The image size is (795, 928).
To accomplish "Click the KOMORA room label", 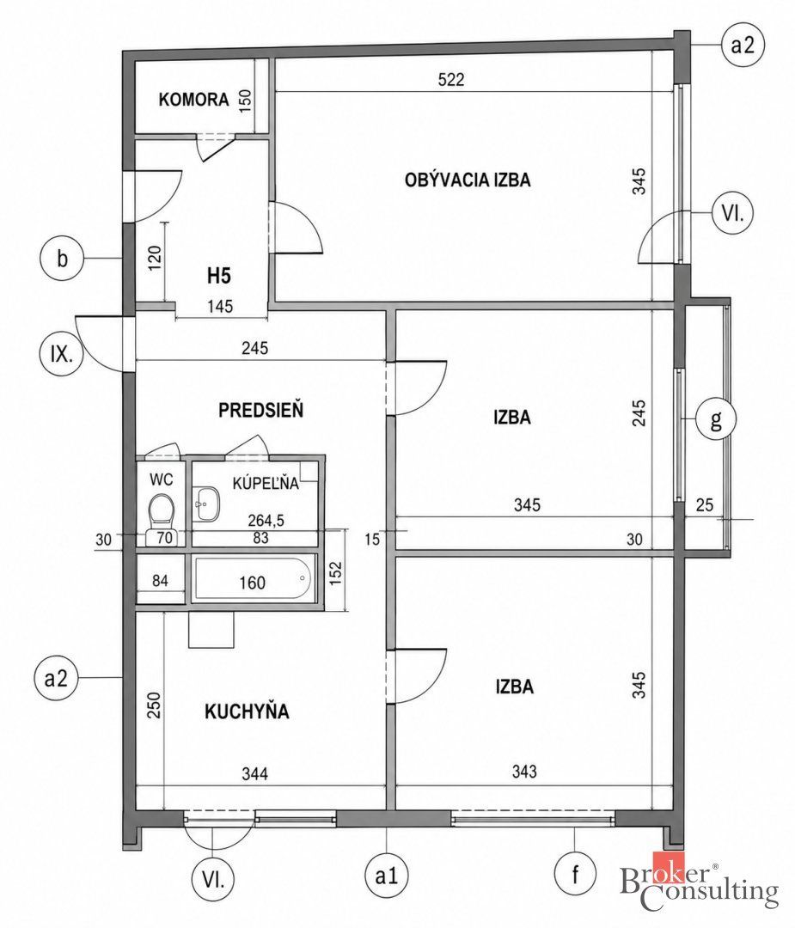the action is [x=193, y=100].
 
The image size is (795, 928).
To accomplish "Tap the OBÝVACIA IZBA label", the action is [x=468, y=180].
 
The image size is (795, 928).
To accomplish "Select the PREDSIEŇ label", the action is [x=261, y=410].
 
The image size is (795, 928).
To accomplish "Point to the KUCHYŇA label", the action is [x=247, y=711].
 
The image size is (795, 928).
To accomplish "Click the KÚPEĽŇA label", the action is [x=266, y=483].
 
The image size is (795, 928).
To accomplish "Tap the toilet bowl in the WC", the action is [x=161, y=512].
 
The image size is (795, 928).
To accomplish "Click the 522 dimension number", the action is [x=451, y=79].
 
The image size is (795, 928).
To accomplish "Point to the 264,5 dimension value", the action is [x=266, y=520].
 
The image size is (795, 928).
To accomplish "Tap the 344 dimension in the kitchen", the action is [x=254, y=773].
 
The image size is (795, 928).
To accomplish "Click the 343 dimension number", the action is [x=524, y=771].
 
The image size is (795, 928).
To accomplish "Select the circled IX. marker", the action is [x=61, y=355].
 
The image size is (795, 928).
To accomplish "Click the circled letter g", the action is [x=716, y=419].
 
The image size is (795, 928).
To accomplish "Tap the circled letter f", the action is [x=575, y=874].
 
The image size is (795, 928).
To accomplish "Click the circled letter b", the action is [x=62, y=259].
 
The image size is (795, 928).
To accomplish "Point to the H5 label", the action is [x=219, y=275].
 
